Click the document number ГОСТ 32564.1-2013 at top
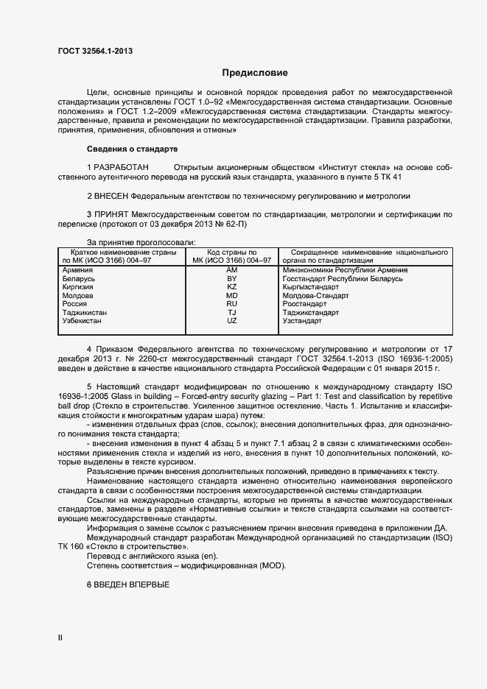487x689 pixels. (96, 51)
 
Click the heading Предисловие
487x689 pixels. (255, 73)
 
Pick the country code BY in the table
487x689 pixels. (231, 280)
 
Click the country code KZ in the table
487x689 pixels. (231, 287)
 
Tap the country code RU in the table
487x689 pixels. (231, 304)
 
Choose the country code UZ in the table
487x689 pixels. (231, 321)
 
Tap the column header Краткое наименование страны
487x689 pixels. (119, 252)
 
